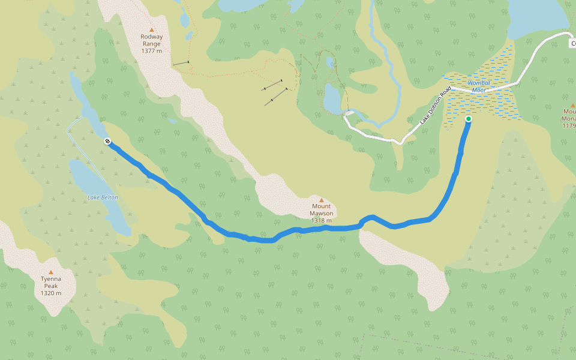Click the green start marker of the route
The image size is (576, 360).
pyautogui.click(x=469, y=119)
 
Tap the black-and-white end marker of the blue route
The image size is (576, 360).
pyautogui.click(x=107, y=141)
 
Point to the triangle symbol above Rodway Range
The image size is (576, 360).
pyautogui.click(x=151, y=29)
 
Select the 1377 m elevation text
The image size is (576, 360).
pyautogui.click(x=151, y=51)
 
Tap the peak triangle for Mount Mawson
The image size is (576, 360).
pyautogui.click(x=321, y=200)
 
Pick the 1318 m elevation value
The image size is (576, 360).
pyautogui.click(x=321, y=220)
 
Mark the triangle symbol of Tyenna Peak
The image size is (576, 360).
pyautogui.click(x=50, y=272)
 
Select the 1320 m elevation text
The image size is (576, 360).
pyautogui.click(x=50, y=293)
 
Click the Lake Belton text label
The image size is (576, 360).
pyautogui.click(x=103, y=197)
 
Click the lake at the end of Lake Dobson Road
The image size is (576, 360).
pyautogui.click(x=332, y=99)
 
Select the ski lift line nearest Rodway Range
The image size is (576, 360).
pyautogui.click(x=181, y=63)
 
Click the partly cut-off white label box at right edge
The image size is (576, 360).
pyautogui.click(x=572, y=43)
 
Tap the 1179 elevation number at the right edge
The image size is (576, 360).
pyautogui.click(x=569, y=125)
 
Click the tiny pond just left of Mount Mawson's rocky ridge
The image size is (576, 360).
pyautogui.click(x=173, y=121)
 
